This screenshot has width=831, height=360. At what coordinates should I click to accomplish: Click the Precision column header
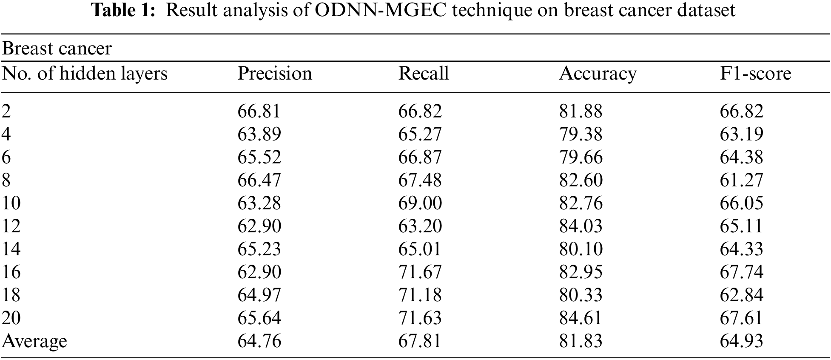[x=274, y=74]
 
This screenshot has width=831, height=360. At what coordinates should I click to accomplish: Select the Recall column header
[x=423, y=74]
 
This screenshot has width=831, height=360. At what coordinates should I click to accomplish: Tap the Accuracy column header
[x=598, y=74]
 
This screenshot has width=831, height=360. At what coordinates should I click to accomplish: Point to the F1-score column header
[x=755, y=74]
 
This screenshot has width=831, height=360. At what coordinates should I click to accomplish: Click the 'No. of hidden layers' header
[x=85, y=74]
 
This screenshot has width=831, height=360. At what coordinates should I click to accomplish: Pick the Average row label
[x=34, y=341]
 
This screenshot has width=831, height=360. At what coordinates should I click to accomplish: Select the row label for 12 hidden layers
[x=11, y=226]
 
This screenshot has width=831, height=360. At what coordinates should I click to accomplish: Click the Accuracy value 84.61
[x=581, y=318]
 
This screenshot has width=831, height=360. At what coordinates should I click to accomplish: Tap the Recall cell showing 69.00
[x=420, y=203]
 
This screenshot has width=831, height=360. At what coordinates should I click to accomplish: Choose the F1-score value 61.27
[x=741, y=180]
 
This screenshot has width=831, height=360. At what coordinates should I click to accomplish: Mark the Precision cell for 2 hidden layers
[x=259, y=111]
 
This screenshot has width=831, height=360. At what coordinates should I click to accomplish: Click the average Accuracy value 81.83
[x=581, y=341]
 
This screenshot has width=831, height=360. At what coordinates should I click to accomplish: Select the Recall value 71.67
[x=420, y=272]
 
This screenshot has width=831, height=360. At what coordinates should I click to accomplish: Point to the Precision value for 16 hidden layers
[x=259, y=272]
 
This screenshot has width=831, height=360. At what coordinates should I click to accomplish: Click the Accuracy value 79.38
[x=581, y=134]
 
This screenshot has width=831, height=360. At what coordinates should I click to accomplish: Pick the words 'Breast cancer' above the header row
[x=57, y=49]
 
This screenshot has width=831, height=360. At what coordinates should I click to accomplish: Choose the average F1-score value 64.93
[x=741, y=341]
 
